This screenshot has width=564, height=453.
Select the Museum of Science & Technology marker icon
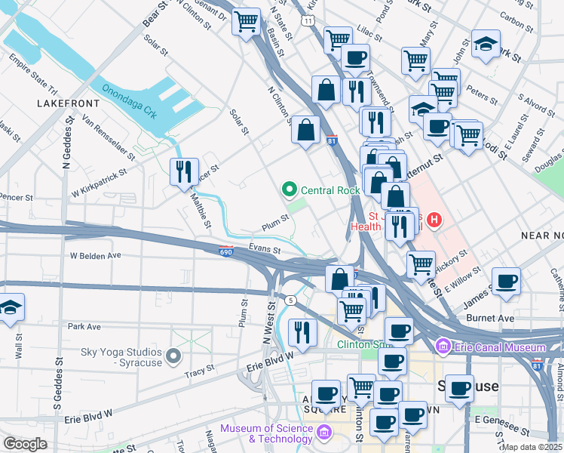pyautogui.click(x=325, y=433)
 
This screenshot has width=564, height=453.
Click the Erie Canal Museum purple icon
pyautogui.click(x=443, y=347)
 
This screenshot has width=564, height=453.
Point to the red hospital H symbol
pyautogui.click(x=434, y=220)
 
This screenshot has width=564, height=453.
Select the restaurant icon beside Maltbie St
pyautogui.click(x=184, y=173)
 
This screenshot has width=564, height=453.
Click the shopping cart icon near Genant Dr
pyautogui.click(x=246, y=23)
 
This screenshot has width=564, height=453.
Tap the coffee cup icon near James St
pyautogui.click(x=507, y=281)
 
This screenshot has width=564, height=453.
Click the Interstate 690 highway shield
pyautogui.click(x=226, y=251)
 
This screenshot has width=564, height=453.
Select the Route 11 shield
pyautogui.click(x=308, y=20)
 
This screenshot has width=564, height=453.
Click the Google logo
pyautogui.click(x=26, y=443)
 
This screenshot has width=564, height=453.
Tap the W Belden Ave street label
pyautogui.click(x=96, y=256)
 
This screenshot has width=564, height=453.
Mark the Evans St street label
pyautogui.click(x=265, y=249)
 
